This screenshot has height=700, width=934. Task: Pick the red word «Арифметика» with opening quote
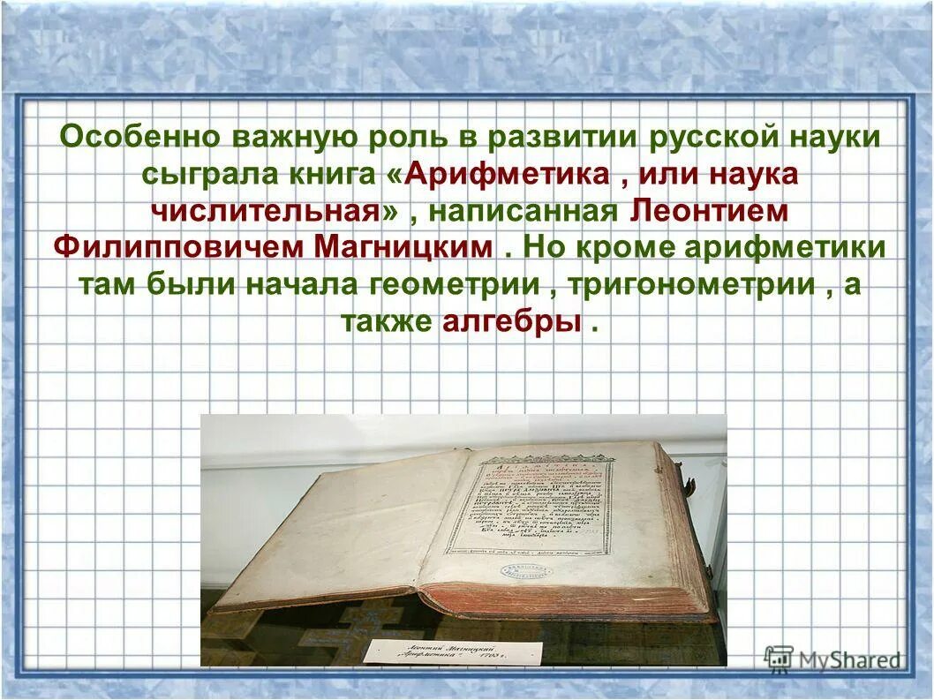point(498,174)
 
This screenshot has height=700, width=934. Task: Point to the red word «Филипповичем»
point(177,247)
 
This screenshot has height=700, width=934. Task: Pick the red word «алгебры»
point(513,321)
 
